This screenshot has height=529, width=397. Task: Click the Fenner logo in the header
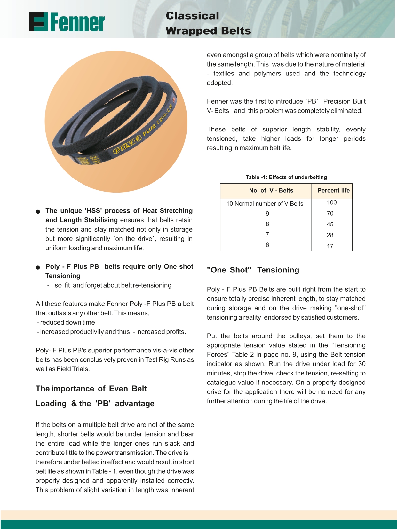click(x=67, y=22)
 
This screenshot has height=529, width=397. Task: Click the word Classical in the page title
click(x=192, y=16)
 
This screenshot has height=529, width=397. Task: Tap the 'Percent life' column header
click(x=333, y=190)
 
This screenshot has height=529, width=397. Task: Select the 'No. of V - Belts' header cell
click(x=271, y=190)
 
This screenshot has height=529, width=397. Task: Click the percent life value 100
click(x=332, y=202)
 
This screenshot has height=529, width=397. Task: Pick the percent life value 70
click(x=330, y=213)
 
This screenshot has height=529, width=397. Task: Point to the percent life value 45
click(x=330, y=224)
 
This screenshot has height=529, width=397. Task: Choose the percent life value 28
click(x=330, y=235)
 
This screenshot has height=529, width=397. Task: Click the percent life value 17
click(x=330, y=246)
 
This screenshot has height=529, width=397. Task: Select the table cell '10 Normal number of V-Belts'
click(x=265, y=204)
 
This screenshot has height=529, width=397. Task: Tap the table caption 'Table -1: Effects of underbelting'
click(x=286, y=177)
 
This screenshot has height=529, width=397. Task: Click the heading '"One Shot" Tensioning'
click(x=253, y=270)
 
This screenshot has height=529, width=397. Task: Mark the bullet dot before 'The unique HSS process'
click(x=38, y=211)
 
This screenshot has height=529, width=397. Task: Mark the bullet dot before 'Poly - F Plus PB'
click(x=38, y=267)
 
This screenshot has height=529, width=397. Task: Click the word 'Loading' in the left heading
click(x=51, y=404)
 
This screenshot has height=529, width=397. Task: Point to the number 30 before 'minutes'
click(x=362, y=364)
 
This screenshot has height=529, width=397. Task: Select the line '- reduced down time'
click(x=66, y=322)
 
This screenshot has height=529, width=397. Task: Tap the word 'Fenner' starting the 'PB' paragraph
click(x=217, y=101)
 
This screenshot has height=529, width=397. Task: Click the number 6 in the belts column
click(x=267, y=245)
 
